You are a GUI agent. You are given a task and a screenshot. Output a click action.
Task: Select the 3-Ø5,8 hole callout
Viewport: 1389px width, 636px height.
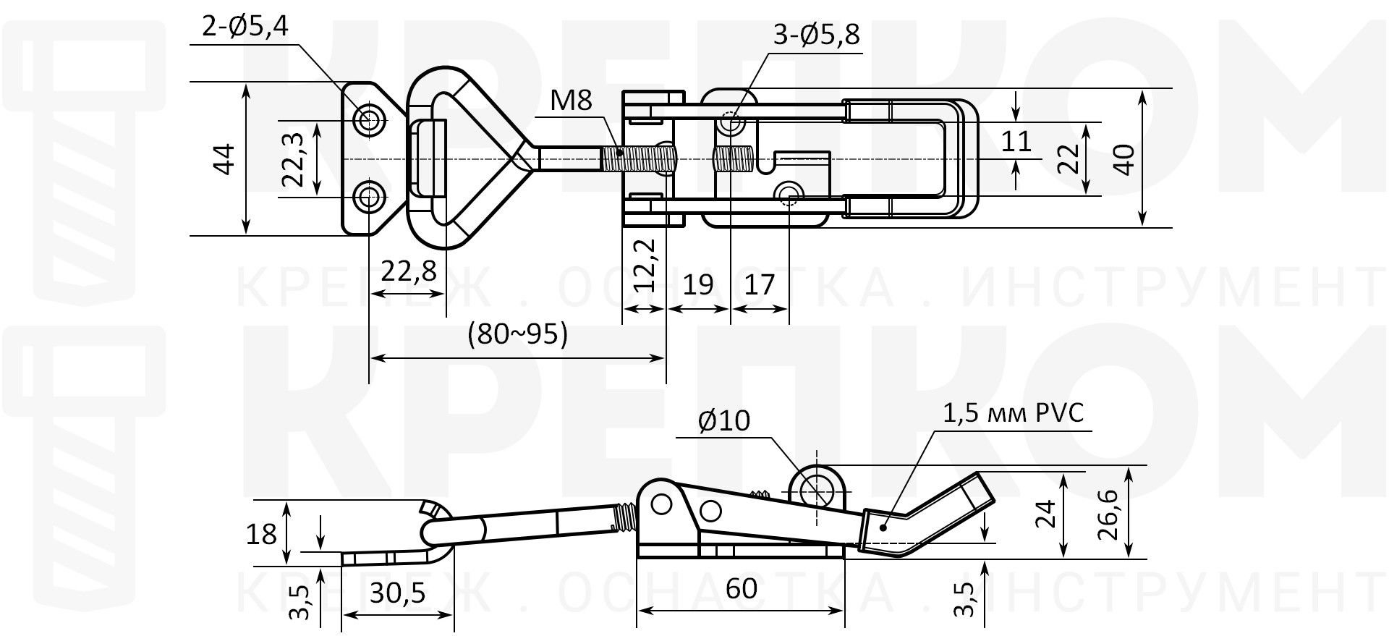(x=817, y=34)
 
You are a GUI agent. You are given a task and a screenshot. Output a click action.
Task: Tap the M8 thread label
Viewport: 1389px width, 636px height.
(x=571, y=101)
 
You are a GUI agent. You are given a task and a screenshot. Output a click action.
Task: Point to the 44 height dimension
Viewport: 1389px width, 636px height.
(x=226, y=158)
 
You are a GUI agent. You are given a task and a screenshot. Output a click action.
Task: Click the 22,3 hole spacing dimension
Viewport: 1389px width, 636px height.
(x=293, y=159)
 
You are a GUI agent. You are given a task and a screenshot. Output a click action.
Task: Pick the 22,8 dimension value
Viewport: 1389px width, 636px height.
(x=409, y=271)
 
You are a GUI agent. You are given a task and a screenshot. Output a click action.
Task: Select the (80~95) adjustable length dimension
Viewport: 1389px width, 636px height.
(x=517, y=334)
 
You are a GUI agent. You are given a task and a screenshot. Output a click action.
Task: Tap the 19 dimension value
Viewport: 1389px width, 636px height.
(x=698, y=284)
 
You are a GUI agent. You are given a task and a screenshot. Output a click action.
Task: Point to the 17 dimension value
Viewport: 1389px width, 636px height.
(x=760, y=284)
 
